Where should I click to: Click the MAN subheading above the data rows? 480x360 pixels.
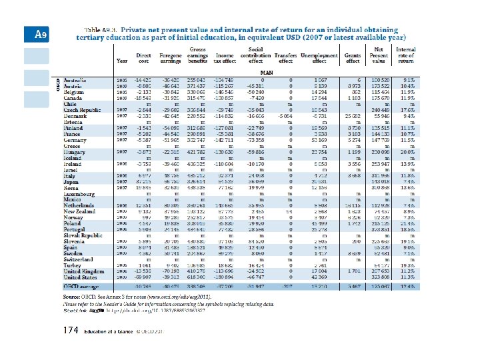[267, 73]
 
